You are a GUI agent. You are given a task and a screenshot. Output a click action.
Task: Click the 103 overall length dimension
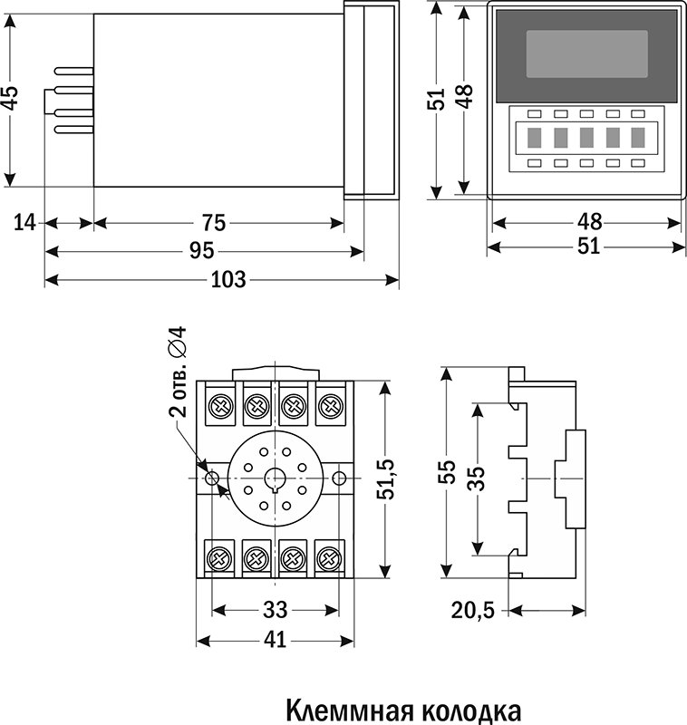pos(227,279)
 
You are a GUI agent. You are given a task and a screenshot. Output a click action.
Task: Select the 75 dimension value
pos(214,223)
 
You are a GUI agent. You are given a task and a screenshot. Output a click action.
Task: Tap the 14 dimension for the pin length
pos(24,223)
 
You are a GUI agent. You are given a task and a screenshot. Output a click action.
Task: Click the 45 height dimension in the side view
pos(10,98)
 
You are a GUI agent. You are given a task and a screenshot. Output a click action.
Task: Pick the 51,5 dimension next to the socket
pos(387,478)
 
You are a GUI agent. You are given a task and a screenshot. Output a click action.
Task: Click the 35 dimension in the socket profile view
pos(477,478)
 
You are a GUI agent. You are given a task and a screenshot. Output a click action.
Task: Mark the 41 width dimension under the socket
pos(274,640)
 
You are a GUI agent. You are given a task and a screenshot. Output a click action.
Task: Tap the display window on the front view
pos(586,53)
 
